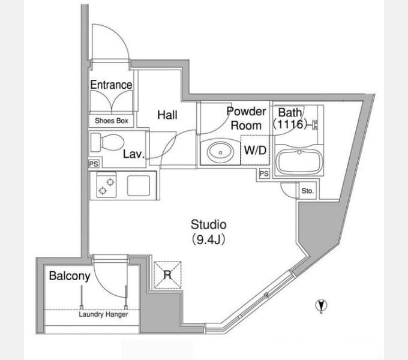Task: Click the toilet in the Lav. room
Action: point(107,142)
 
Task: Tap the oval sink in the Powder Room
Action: point(220,152)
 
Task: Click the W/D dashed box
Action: point(255,150)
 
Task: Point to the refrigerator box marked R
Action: point(167,275)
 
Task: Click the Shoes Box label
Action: point(112,121)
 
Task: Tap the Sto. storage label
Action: point(308,191)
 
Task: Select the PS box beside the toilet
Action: point(94,164)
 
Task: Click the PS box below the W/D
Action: point(264,173)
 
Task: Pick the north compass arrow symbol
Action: point(321,305)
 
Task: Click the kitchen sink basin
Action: point(139,185)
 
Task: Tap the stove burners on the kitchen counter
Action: point(106,185)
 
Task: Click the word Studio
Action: point(208,225)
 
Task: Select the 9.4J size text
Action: point(208,240)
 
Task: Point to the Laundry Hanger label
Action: point(103,314)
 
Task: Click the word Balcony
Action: point(70,276)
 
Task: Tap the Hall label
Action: point(167,115)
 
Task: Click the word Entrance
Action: point(111,85)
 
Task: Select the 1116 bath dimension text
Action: point(290,124)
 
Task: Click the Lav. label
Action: point(134,154)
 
